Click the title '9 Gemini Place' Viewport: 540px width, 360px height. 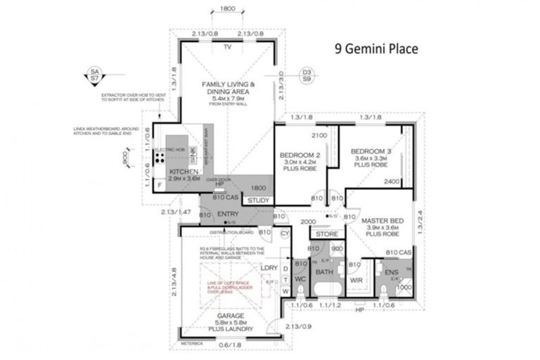click(x=375, y=49)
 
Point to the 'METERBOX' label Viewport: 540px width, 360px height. click(x=191, y=342)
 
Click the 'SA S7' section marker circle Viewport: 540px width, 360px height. click(x=92, y=75)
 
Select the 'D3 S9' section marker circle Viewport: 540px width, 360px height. click(x=306, y=75)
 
